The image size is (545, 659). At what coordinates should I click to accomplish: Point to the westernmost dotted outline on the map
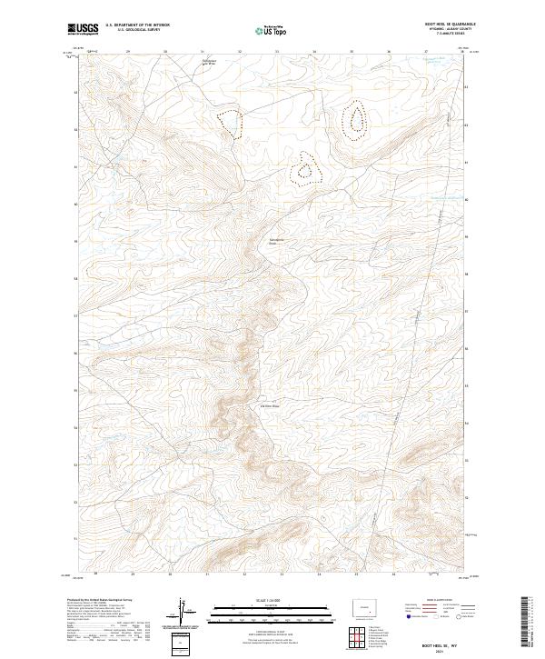pyautogui.click(x=230, y=122)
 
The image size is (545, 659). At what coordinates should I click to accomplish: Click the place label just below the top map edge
pyautogui.click(x=208, y=63)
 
